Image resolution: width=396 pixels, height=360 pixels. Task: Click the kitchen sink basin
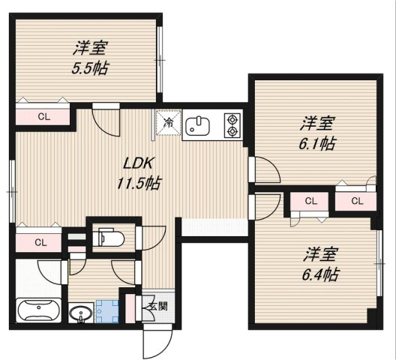click(197, 124)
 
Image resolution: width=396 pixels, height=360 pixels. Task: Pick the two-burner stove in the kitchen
click(232, 124)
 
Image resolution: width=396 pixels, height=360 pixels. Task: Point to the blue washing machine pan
click(107, 312)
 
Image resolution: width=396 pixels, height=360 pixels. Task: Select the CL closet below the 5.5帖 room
click(43, 116)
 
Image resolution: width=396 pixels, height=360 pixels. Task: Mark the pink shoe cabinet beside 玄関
click(131, 307)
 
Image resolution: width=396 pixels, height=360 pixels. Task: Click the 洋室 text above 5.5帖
click(88, 49)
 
